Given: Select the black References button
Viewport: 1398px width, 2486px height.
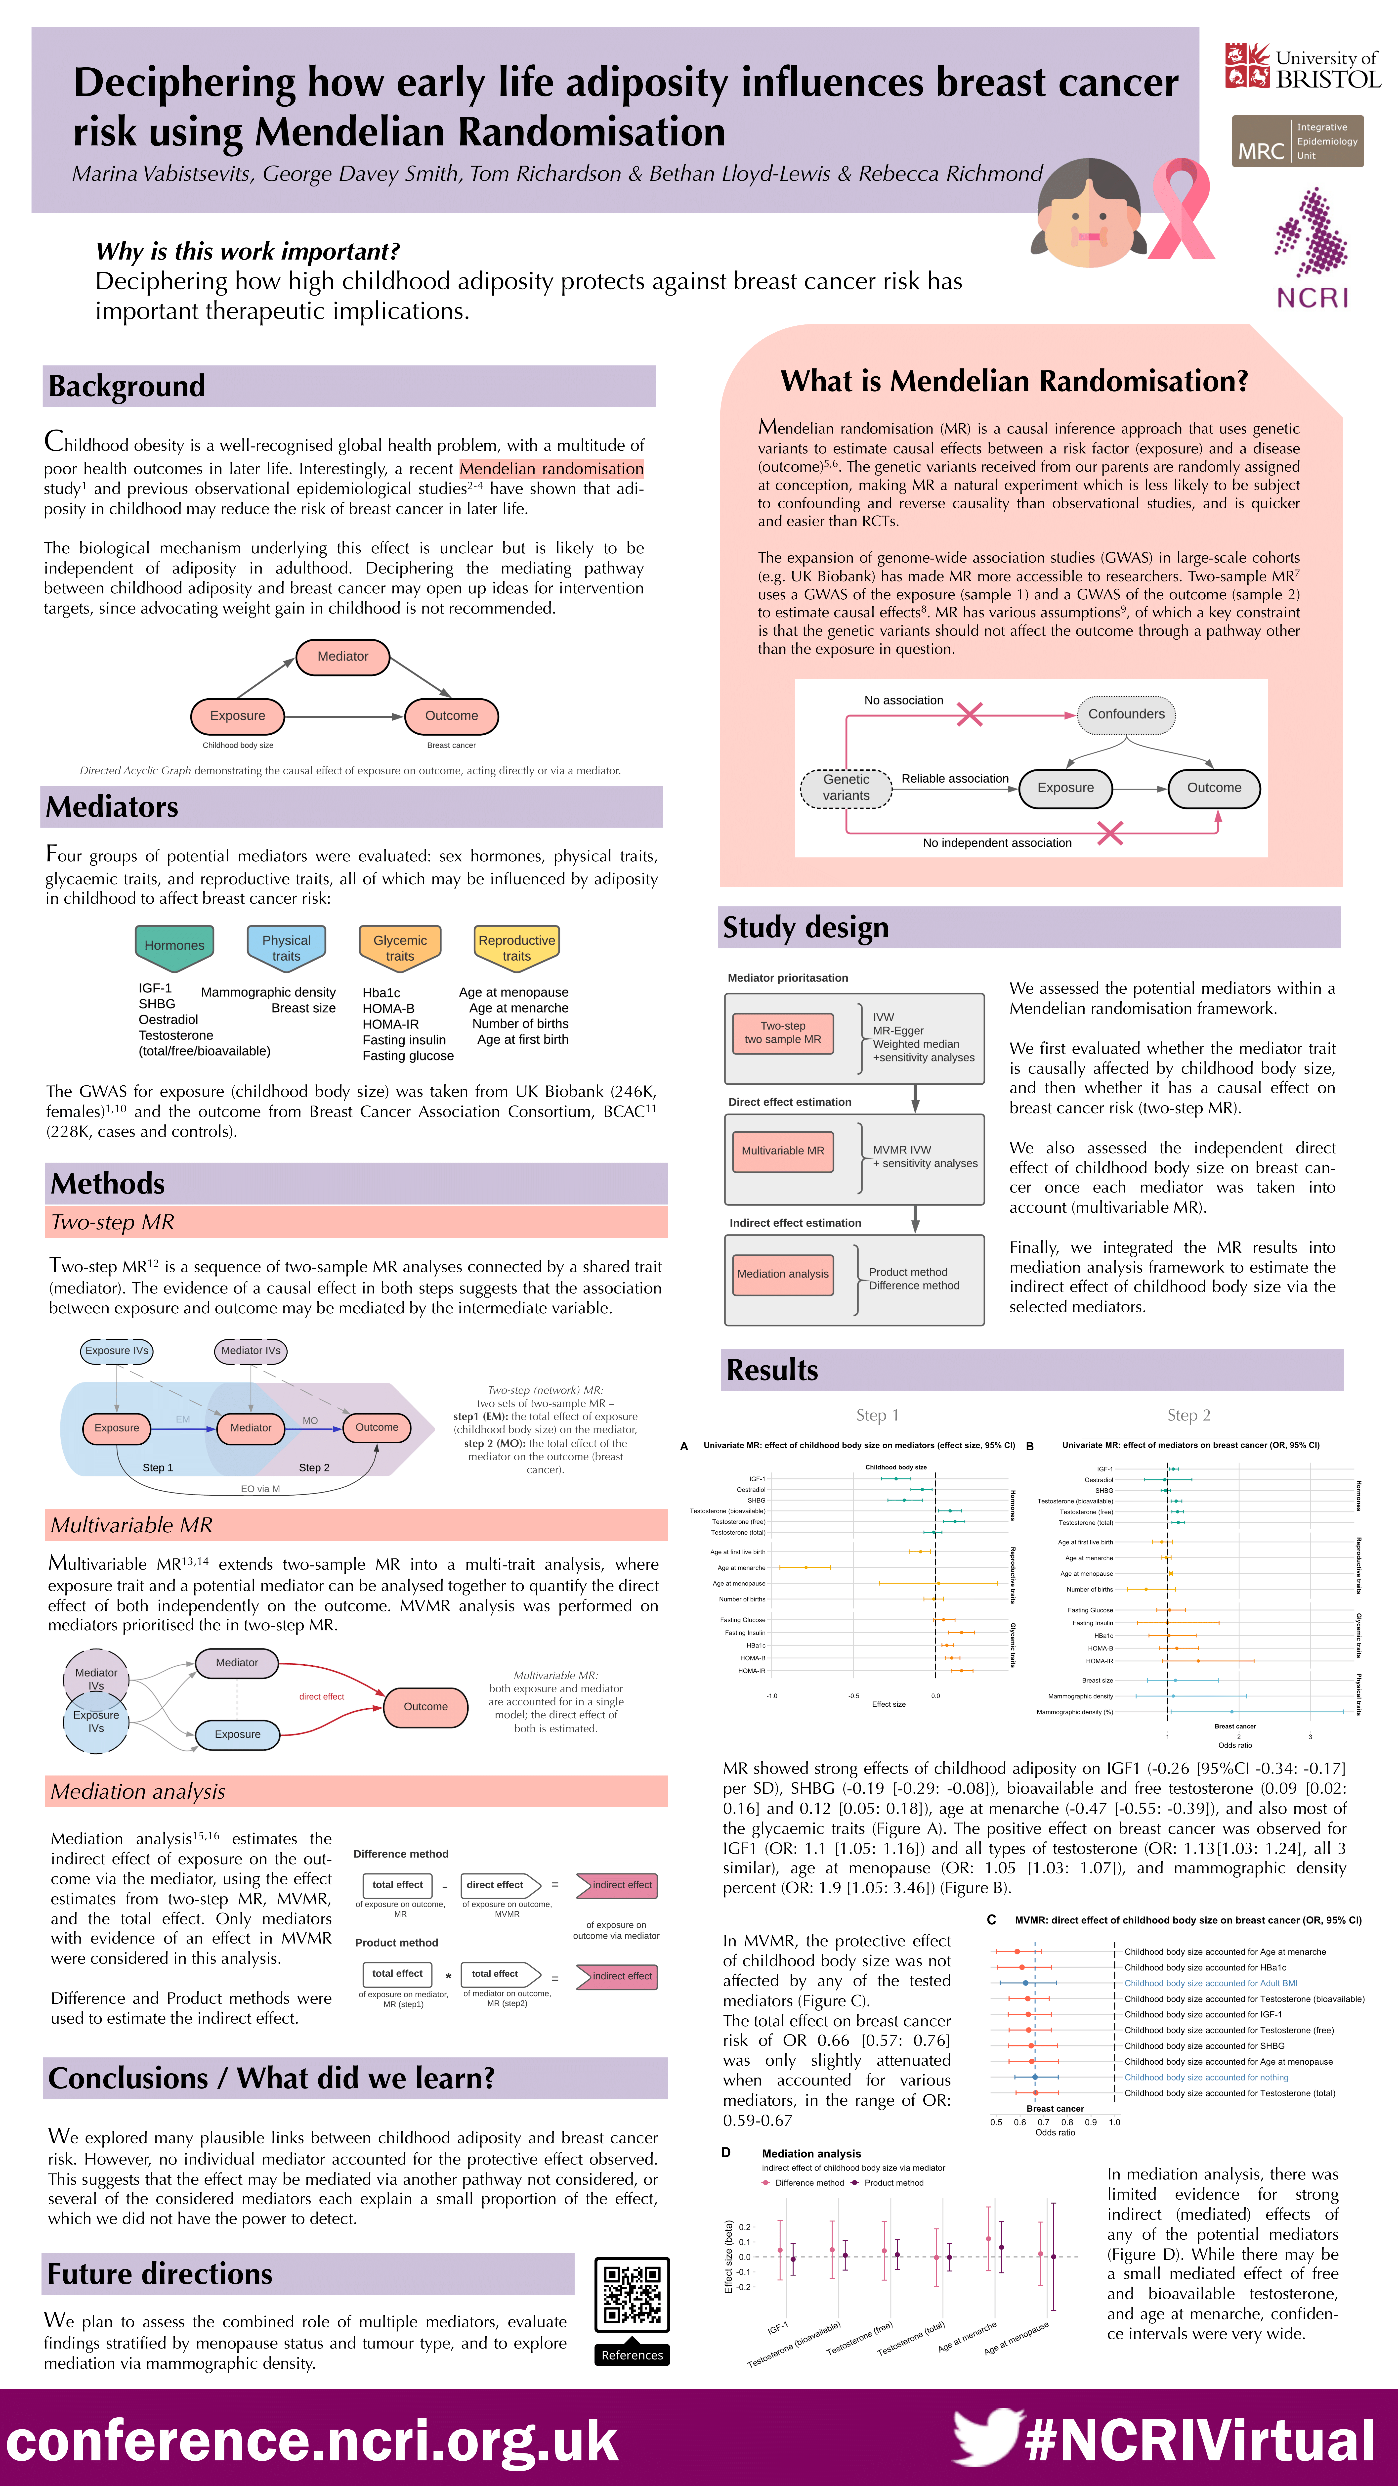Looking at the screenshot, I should click(632, 2355).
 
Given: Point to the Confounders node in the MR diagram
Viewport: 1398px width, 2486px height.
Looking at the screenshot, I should click(1126, 714).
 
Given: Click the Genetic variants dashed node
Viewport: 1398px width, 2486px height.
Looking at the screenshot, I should click(846, 788).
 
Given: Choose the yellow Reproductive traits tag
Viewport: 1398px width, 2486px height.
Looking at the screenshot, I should click(516, 948).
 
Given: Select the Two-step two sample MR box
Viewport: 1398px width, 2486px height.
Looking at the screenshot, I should click(782, 1033).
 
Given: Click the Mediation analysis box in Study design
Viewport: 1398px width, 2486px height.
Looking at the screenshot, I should click(782, 1274).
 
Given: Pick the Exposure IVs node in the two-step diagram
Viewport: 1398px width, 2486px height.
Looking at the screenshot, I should click(117, 1350).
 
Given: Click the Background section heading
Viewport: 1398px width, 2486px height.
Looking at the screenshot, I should click(127, 386).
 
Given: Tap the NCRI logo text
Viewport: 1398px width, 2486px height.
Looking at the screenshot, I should click(1312, 297).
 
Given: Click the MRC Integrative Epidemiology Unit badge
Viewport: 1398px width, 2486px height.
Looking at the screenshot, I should click(1298, 141).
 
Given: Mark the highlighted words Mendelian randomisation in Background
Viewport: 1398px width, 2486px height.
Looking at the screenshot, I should click(551, 468).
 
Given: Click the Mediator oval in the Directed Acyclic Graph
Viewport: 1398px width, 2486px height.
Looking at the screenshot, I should click(342, 656).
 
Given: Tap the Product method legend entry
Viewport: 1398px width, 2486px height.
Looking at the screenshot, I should click(892, 2183).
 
